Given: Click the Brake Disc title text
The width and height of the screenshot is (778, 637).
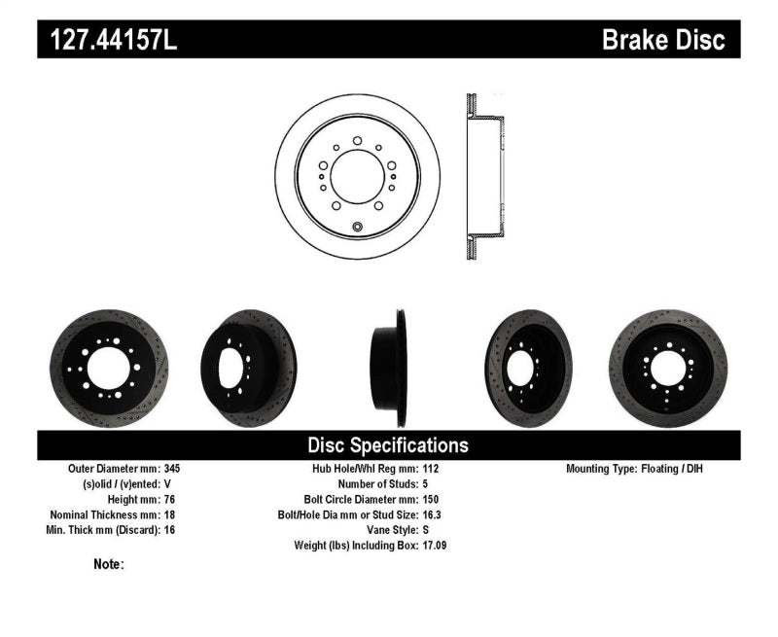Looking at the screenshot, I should point(663,40).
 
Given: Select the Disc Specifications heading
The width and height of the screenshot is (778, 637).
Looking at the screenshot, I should point(388,445).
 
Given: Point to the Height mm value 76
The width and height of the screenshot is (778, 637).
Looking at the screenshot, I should point(170,499).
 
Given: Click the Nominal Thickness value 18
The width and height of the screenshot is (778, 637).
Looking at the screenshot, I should point(170,514).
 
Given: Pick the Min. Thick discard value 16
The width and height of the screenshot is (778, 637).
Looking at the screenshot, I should point(170,530).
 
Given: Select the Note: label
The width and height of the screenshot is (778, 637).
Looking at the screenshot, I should point(109,564).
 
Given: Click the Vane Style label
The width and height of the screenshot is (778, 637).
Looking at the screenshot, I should point(388,530).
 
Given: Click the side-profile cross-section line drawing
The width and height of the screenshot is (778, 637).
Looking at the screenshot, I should point(484,177).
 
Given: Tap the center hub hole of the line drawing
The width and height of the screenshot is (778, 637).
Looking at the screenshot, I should point(357,177).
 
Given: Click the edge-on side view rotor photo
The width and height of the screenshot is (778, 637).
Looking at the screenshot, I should point(388,369).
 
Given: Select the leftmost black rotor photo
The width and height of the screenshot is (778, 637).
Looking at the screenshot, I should point(109,369).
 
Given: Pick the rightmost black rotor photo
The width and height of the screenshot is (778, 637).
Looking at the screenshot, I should point(667,369).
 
